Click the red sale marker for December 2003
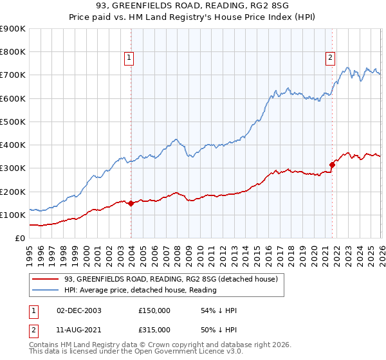click(x=131, y=203)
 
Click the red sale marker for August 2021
click(x=332, y=165)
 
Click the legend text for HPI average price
click(x=140, y=290)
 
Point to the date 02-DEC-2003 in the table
click(x=79, y=310)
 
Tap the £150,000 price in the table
click(x=154, y=310)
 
